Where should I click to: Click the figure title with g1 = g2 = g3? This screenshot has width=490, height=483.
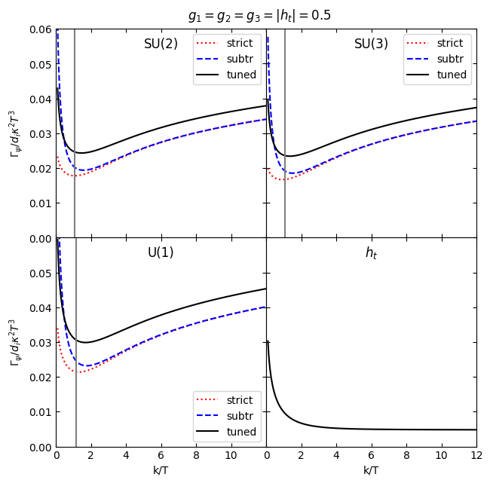[x=259, y=15]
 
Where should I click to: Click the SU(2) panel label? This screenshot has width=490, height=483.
[x=161, y=44]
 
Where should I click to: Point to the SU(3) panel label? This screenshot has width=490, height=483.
[x=371, y=44]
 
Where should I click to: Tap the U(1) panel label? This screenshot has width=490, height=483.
[x=161, y=252]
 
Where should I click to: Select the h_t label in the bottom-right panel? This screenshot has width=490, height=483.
[x=371, y=253]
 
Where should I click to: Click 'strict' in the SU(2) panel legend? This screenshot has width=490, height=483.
[x=240, y=43]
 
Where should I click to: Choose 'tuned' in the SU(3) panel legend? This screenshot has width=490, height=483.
[x=452, y=75]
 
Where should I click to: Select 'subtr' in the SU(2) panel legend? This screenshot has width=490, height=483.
[x=240, y=59]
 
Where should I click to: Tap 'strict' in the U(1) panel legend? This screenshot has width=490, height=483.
[x=240, y=400]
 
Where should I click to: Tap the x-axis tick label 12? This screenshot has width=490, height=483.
[x=476, y=457]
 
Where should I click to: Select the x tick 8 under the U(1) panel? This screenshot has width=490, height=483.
[x=196, y=457]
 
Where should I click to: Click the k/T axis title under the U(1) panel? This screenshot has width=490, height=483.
[x=161, y=470]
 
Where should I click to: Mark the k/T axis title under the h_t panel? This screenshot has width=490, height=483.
[x=371, y=470]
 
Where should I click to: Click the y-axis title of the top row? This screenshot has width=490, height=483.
[x=14, y=133]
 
